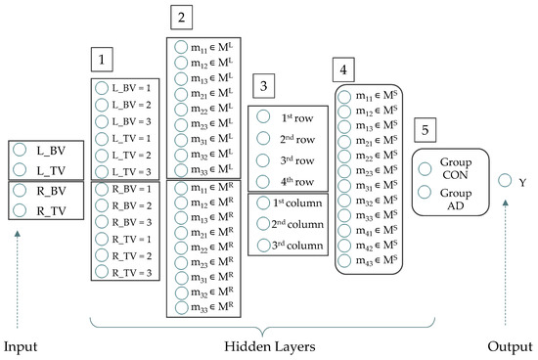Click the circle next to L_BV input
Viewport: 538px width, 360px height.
[21, 152]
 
